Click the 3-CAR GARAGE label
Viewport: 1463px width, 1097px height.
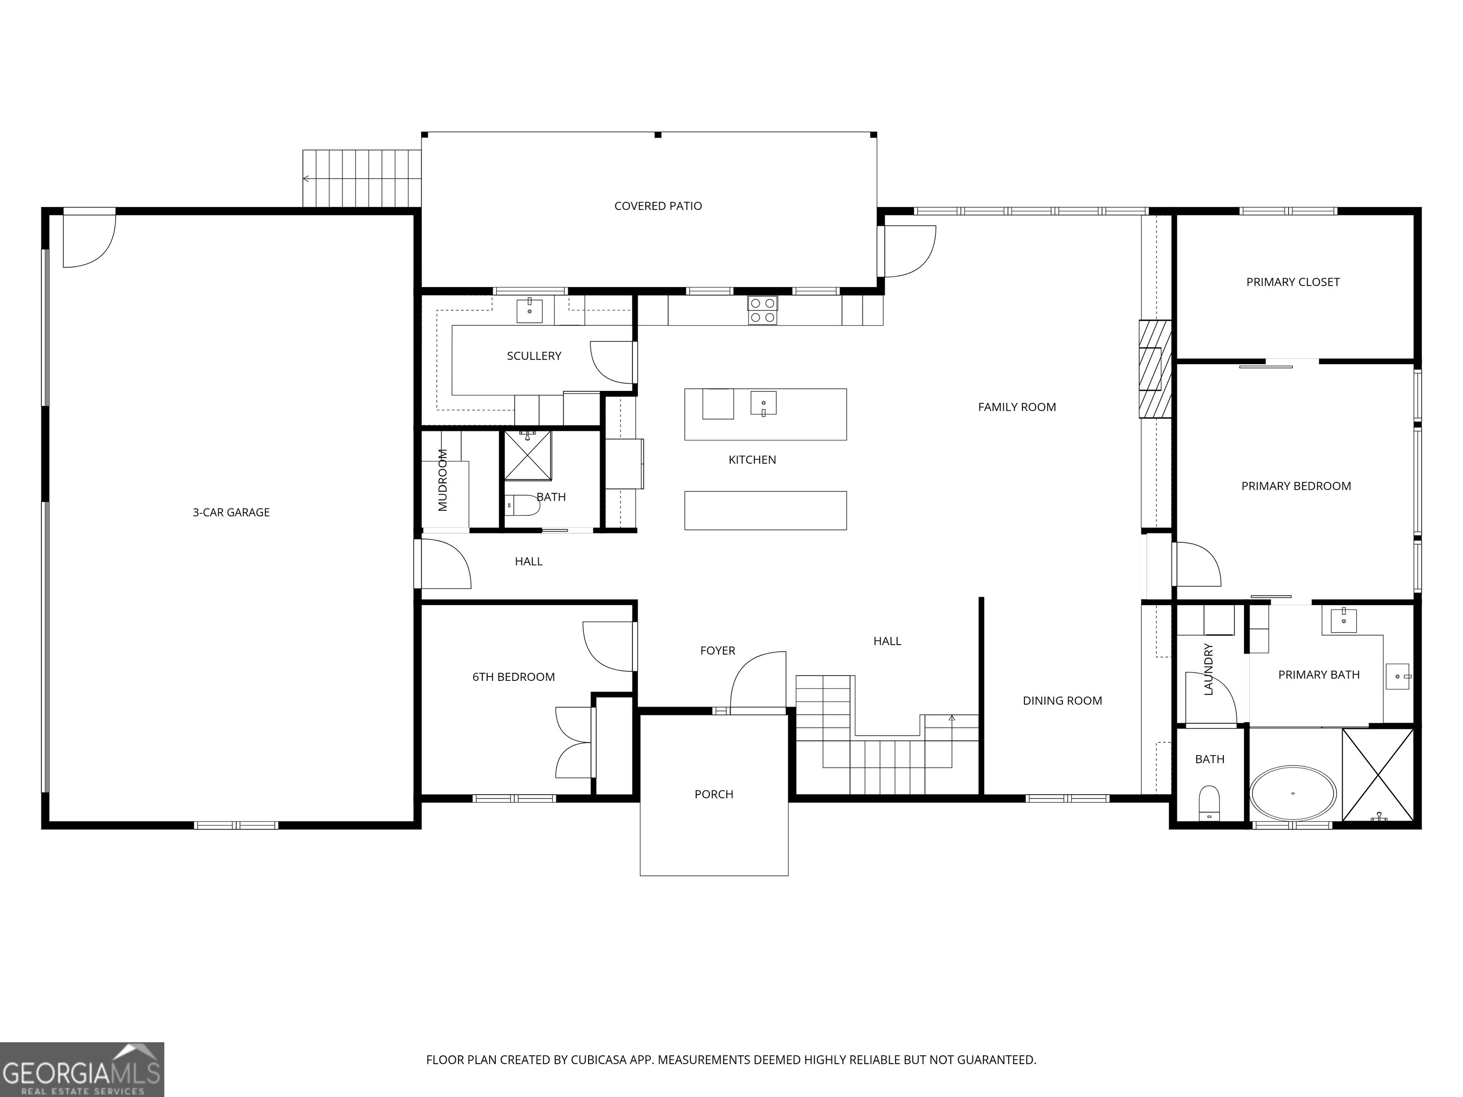(x=231, y=512)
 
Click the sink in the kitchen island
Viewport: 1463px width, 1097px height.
(x=763, y=403)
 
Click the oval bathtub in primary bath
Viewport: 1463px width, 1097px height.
(x=1293, y=794)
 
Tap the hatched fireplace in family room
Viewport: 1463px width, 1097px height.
(x=1154, y=369)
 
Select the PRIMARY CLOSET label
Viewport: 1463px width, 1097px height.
(x=1293, y=282)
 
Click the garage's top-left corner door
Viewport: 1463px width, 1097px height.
(x=89, y=239)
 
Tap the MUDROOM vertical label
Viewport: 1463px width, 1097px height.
(x=443, y=480)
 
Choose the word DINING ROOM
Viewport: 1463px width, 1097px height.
(x=1062, y=701)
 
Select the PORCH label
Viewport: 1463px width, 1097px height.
(x=714, y=795)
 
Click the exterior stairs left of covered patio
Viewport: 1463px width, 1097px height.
(x=362, y=179)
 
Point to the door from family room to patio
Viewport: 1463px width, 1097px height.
(x=910, y=251)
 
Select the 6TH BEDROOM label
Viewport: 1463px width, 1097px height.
(x=513, y=677)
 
